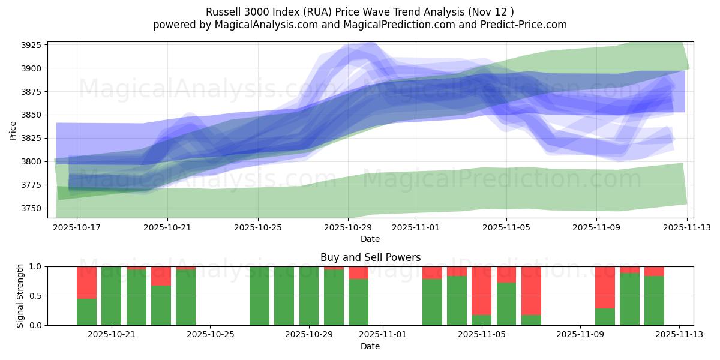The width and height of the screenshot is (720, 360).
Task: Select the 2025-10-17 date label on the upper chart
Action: (77, 228)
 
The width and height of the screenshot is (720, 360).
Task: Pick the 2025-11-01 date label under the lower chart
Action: (383, 335)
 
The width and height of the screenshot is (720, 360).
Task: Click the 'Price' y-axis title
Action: (13, 130)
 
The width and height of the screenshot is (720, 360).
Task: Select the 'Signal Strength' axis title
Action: (20, 296)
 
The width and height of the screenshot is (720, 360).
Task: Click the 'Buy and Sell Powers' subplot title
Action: (370, 257)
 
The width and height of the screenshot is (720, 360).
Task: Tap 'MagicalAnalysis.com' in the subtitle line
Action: (260, 25)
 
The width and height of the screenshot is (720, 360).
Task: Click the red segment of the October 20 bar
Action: (86, 282)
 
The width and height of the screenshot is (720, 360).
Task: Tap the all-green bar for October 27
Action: (259, 296)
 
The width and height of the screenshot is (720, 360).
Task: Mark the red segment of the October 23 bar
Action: (161, 276)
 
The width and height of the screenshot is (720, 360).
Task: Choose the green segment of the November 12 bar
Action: (654, 301)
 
